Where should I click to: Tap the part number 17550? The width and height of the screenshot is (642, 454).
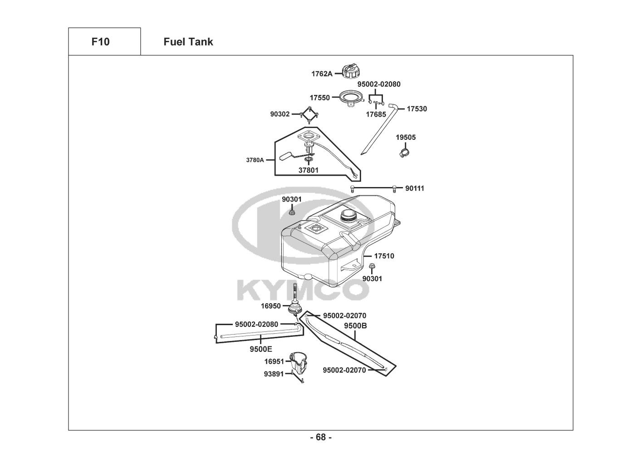tap(320, 98)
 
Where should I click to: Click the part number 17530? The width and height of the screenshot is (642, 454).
tap(417, 109)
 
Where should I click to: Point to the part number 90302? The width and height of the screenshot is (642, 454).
tap(280, 114)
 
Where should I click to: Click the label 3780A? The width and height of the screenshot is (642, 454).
tap(255, 160)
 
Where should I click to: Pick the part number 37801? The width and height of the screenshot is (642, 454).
tap(308, 170)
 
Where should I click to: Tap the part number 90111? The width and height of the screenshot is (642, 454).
tap(415, 188)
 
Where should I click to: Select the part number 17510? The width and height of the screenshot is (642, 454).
tap(384, 256)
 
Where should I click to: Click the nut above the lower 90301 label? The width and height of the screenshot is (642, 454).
tap(372, 266)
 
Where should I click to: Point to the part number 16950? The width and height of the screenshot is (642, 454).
tap(270, 306)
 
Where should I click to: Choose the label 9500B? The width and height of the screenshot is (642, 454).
tap(355, 326)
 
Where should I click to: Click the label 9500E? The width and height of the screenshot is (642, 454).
tap(261, 349)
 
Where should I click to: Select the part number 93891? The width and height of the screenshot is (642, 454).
tap(274, 374)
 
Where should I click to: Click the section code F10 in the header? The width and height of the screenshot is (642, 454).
tap(100, 42)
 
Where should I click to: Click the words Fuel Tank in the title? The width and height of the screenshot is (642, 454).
tap(188, 42)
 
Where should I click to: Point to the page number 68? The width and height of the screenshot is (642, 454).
tap(321, 437)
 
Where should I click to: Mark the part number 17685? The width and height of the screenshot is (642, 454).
tap(376, 114)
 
